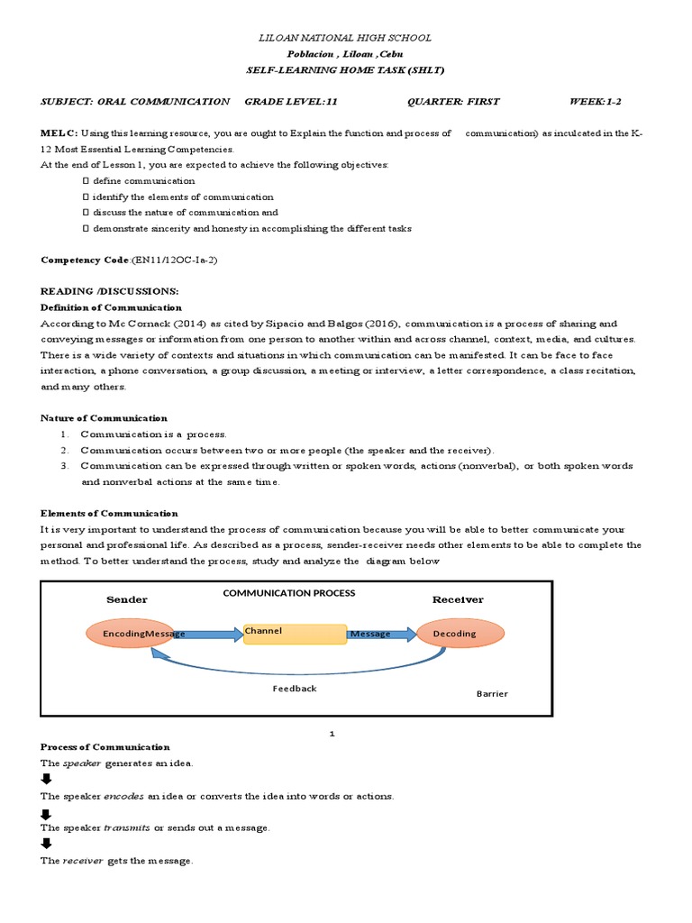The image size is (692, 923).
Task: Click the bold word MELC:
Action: pyautogui.click(x=59, y=133)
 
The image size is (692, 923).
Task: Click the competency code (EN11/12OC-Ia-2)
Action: pyautogui.click(x=174, y=260)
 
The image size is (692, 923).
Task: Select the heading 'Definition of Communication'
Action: pyautogui.click(x=112, y=307)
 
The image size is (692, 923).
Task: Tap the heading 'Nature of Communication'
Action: pyautogui.click(x=105, y=418)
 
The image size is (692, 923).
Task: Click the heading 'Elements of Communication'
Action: pyautogui.click(x=110, y=513)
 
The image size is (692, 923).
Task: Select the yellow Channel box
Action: pyautogui.click(x=295, y=634)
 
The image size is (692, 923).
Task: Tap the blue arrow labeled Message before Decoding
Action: pyautogui.click(x=380, y=634)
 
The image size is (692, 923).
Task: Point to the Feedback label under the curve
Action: pyautogui.click(x=295, y=689)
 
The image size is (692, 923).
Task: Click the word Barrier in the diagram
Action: pyautogui.click(x=492, y=694)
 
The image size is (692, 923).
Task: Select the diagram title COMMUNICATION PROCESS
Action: pyautogui.click(x=289, y=593)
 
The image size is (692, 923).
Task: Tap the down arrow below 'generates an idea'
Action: pyautogui.click(x=47, y=780)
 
